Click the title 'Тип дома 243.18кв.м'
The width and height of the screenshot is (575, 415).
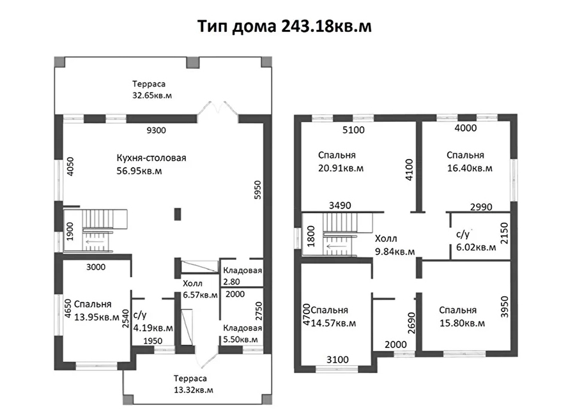(x=284, y=26)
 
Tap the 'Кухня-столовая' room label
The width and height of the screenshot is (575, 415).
(x=151, y=158)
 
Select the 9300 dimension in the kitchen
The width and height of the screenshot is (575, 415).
(x=157, y=130)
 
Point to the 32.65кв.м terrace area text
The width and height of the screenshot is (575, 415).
(x=152, y=96)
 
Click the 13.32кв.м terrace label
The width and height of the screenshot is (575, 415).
(x=194, y=390)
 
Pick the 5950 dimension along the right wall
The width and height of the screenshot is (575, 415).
(x=258, y=190)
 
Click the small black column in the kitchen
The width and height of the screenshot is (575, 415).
(x=178, y=214)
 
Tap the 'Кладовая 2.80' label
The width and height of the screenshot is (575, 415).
(x=242, y=276)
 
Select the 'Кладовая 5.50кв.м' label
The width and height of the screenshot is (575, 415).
(x=242, y=334)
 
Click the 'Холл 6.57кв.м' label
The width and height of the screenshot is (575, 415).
(x=200, y=289)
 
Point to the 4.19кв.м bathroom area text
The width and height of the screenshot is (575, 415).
(x=153, y=328)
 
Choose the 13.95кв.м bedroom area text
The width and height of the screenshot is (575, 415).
(x=97, y=317)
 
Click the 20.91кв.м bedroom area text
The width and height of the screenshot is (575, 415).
(x=341, y=169)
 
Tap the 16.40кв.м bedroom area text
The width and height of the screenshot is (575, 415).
(x=470, y=169)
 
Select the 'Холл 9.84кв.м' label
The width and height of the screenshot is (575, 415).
(x=395, y=245)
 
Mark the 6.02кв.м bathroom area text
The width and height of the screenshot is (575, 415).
(x=476, y=248)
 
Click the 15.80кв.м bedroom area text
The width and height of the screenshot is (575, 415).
(x=462, y=323)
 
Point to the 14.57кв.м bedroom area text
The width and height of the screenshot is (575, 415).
(x=333, y=323)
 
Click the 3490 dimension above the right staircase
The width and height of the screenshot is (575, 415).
(x=340, y=206)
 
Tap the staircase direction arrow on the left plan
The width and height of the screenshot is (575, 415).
(x=95, y=242)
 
